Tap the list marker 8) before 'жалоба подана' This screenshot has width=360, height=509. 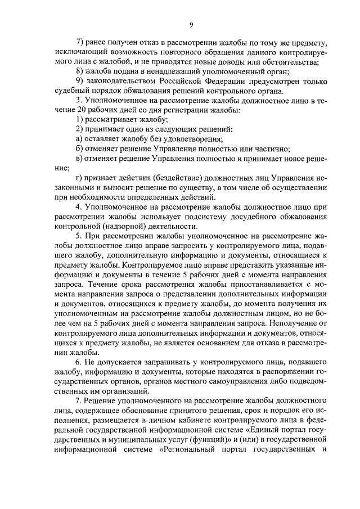click(79, 71)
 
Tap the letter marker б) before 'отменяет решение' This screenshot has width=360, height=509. click(79, 148)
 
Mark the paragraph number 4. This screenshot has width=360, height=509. click(78, 207)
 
